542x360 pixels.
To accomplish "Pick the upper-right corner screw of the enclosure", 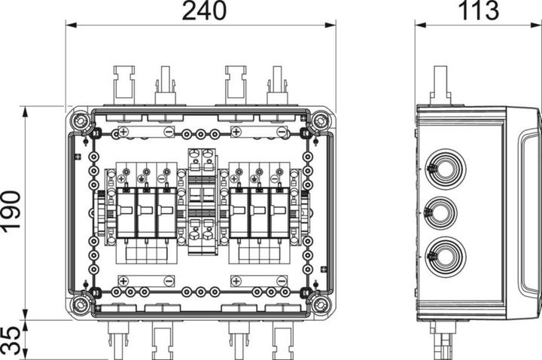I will pos(321,121).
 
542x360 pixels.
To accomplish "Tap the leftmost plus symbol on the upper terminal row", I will pos(123,133).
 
